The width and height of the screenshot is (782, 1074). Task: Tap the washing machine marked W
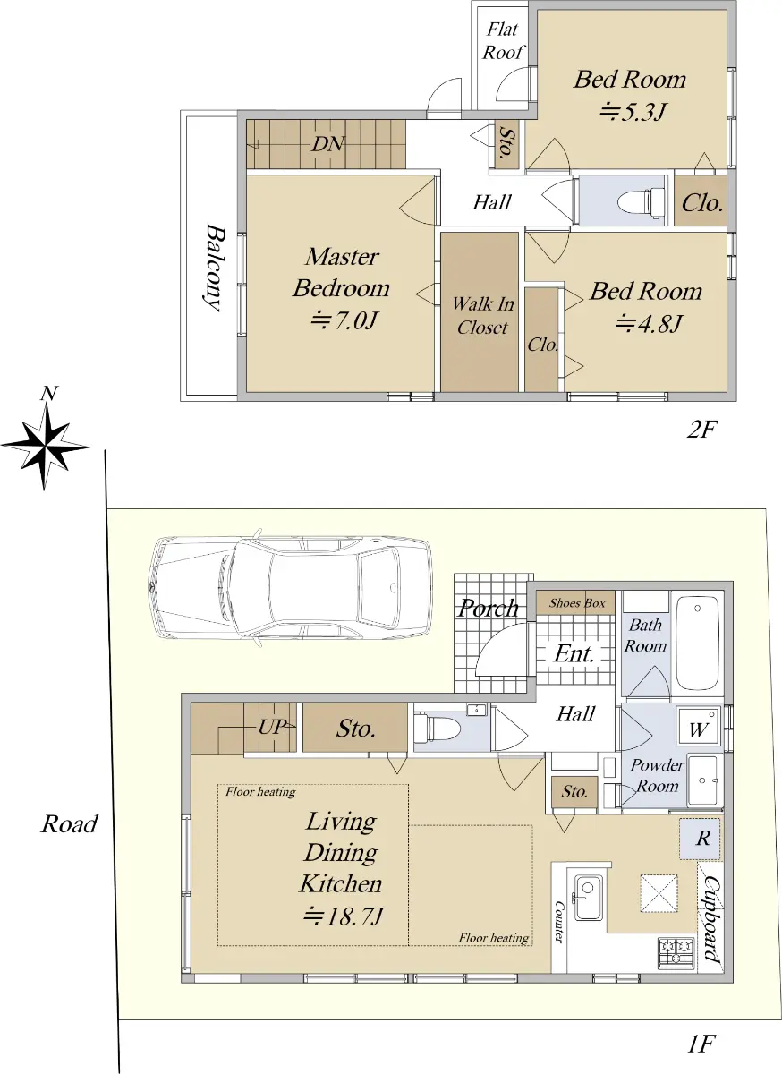point(699,726)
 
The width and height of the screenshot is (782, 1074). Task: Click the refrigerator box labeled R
point(701,839)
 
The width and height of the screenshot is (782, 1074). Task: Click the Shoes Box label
point(577,603)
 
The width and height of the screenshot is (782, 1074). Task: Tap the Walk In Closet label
point(482,315)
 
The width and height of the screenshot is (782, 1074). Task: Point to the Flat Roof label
point(503,41)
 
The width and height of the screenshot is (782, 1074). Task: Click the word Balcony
point(213,267)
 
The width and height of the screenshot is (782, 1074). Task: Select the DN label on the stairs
point(327,144)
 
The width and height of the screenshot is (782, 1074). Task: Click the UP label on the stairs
point(271,727)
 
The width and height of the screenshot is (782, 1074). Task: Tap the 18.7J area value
point(344,916)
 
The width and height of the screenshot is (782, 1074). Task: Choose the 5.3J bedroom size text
point(633,113)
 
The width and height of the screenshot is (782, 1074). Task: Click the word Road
point(69,824)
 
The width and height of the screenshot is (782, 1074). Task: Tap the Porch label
point(489,609)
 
